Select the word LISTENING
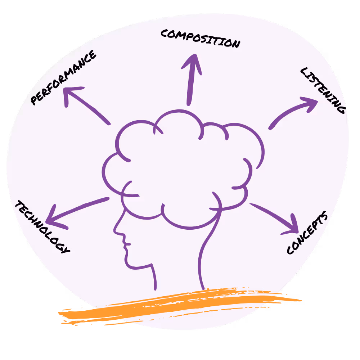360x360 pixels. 323,90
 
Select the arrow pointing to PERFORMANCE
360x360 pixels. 86,104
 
